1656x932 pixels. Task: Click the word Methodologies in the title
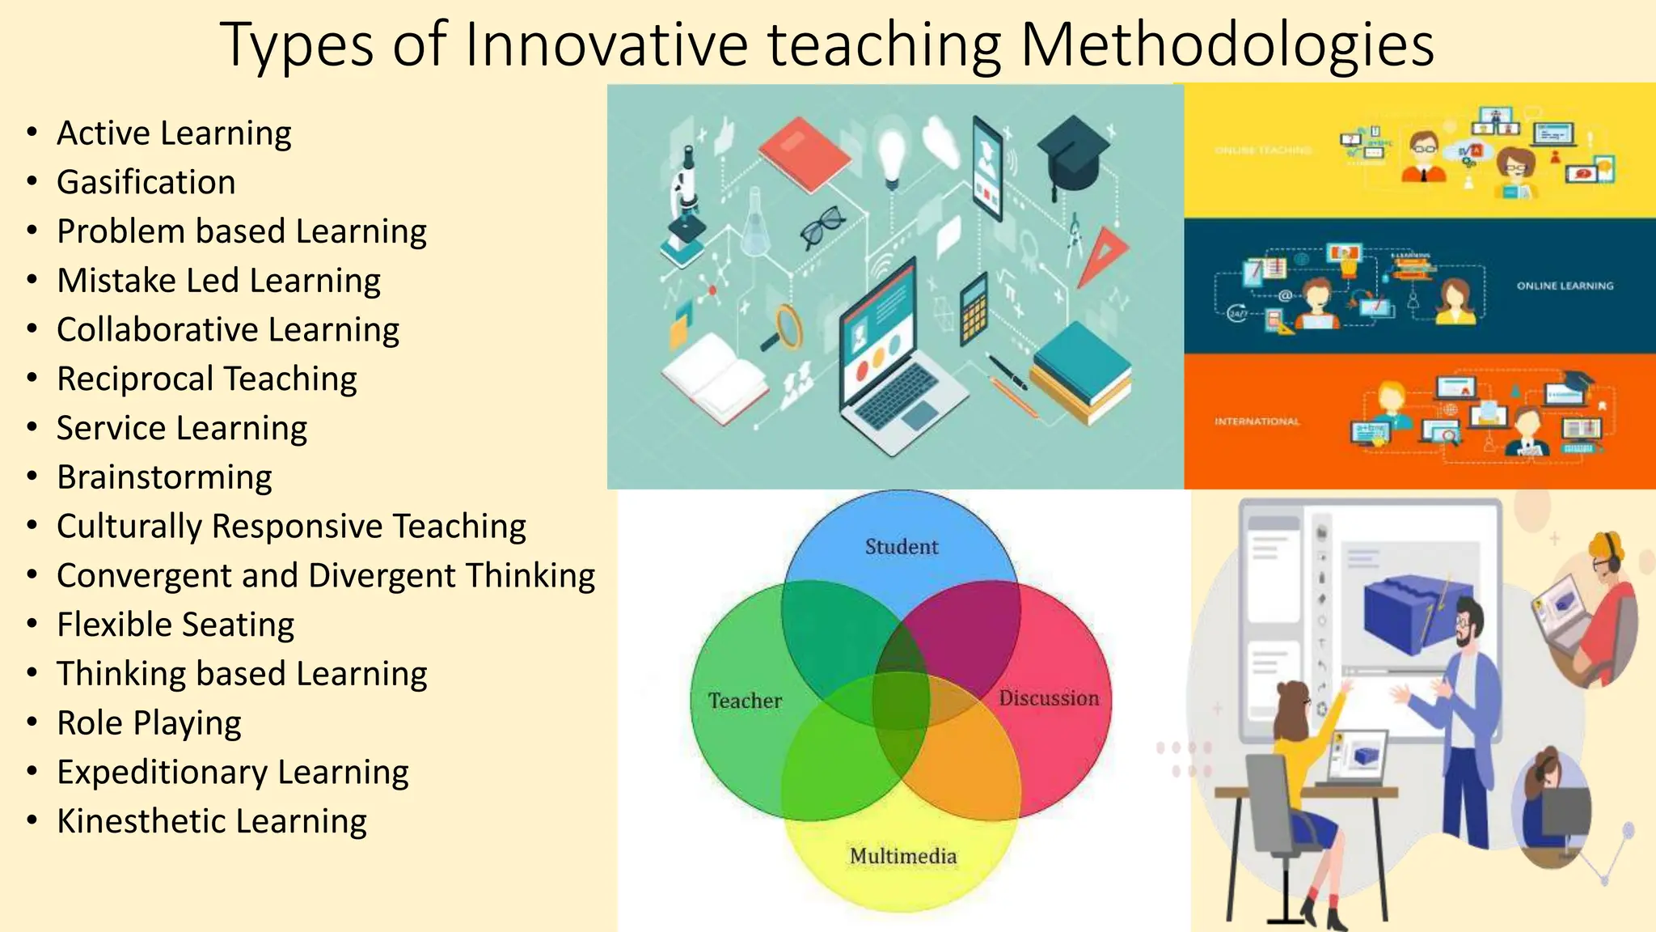pos(1227,44)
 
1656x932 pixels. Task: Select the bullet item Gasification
pos(146,182)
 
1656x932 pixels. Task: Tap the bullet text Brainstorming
pos(164,477)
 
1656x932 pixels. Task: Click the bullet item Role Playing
pos(149,723)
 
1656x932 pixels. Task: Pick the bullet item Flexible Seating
pos(175,625)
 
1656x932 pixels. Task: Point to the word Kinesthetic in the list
pos(130,821)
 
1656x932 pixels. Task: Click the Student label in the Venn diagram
pos(902,547)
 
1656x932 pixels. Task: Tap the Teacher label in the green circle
pos(745,701)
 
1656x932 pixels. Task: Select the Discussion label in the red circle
pos(1049,698)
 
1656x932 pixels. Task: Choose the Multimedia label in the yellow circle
pos(902,856)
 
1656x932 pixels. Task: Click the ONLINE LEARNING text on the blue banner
pos(1565,286)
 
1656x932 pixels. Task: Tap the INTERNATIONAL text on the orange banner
pos(1257,422)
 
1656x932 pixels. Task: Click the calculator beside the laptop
pos(974,309)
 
